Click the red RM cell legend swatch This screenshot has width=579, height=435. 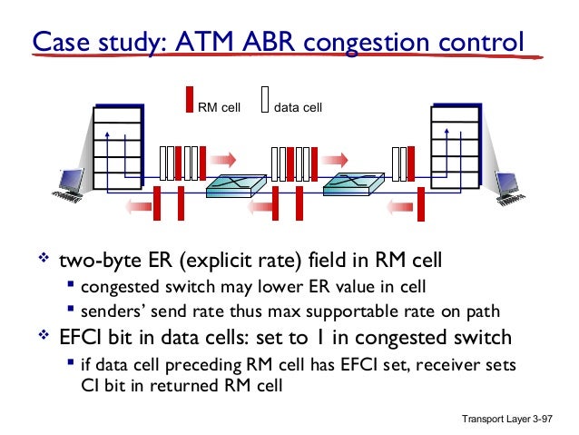point(190,99)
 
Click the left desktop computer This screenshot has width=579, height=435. point(68,183)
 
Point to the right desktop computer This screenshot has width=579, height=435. point(510,183)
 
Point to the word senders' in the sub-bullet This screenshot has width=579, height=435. point(110,312)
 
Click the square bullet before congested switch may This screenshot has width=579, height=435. point(70,288)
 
